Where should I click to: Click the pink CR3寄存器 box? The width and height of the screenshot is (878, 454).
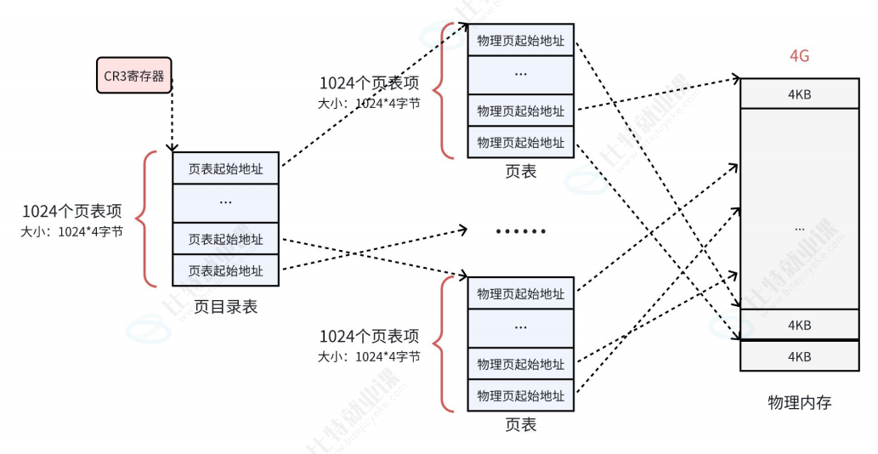(133, 75)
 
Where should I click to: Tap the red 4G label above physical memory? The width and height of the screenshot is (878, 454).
(799, 56)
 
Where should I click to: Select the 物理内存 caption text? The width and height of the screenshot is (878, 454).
(799, 402)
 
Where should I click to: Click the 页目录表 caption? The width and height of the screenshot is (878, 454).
(225, 307)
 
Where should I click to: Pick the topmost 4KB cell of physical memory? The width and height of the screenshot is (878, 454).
(799, 94)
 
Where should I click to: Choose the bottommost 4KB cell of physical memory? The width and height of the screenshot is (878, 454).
(799, 356)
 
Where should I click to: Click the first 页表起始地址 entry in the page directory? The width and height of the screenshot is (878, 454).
(225, 168)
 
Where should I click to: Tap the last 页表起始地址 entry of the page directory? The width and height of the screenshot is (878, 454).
(225, 270)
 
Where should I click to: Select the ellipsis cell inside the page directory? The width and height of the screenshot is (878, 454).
(225, 202)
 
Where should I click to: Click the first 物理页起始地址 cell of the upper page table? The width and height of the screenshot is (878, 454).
(520, 40)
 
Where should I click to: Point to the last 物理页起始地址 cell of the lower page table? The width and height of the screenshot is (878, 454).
(520, 395)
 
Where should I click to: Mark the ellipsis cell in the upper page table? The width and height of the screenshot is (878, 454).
(520, 74)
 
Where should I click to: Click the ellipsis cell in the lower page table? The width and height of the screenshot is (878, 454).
(520, 327)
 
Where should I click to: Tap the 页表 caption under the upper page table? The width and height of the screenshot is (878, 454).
(520, 171)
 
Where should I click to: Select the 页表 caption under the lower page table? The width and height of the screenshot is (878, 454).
(520, 424)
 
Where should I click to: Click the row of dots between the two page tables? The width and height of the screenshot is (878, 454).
(520, 231)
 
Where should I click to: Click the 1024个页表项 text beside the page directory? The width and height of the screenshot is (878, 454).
(72, 212)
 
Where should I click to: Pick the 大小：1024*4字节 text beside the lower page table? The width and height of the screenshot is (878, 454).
(369, 356)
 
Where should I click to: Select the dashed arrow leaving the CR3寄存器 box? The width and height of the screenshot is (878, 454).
(173, 115)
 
